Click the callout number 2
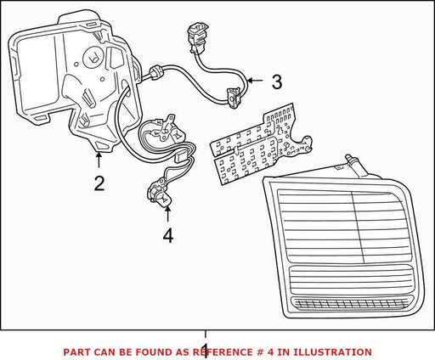(x=99, y=183)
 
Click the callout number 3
(x=277, y=82)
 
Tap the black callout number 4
(x=168, y=236)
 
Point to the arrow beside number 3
(x=255, y=81)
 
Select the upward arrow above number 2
(x=99, y=160)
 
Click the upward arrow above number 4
(x=167, y=214)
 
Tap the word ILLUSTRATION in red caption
(x=332, y=352)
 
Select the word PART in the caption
(x=76, y=352)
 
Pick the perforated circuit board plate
(x=261, y=144)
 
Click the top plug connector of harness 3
(x=198, y=38)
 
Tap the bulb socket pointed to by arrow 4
(x=159, y=193)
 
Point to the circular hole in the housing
(x=92, y=59)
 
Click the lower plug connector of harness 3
(x=234, y=98)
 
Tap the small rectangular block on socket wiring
(x=180, y=157)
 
